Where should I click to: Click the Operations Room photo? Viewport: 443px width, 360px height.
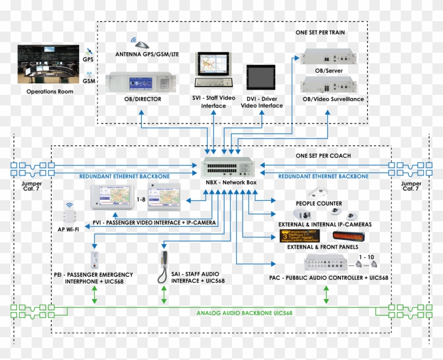50,65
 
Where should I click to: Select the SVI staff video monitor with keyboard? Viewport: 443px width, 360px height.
213,69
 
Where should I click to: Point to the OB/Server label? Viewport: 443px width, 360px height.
325,70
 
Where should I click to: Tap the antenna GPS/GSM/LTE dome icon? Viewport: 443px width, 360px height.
137,43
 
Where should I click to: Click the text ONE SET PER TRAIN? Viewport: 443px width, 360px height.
321,32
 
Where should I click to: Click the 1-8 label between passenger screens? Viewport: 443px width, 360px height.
141,200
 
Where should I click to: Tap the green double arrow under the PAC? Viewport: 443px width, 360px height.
326,295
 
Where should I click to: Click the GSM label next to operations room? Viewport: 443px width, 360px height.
89,81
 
